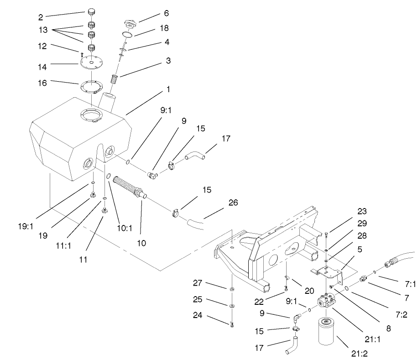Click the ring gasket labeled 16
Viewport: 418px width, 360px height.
click(x=93, y=85)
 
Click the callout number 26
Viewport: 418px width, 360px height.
click(x=233, y=203)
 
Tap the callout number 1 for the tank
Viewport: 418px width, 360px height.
click(x=168, y=90)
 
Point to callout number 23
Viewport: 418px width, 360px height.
click(x=362, y=212)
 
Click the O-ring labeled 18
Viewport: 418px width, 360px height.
click(x=128, y=34)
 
